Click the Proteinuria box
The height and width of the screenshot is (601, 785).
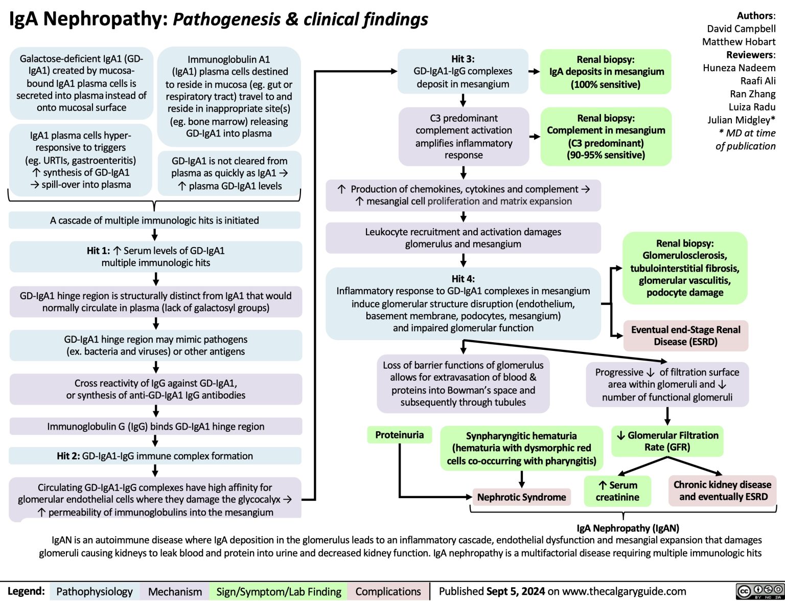399,435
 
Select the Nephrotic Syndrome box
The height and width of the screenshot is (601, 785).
521,497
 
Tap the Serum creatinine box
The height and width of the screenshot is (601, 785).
617,491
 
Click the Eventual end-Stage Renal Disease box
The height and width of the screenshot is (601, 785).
685,336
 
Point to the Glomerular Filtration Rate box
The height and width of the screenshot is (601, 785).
667,441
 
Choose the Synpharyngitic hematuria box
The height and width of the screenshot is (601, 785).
521,448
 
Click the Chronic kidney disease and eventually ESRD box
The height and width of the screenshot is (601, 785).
722,491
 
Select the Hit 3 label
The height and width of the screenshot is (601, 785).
463,59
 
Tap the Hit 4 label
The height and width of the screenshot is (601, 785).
463,279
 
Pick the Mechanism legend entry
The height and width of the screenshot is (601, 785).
175,592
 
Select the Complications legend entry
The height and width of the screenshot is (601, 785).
388,592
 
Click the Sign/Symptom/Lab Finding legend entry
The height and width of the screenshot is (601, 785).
279,592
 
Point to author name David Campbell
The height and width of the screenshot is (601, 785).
741,29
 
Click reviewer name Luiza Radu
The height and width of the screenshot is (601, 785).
752,107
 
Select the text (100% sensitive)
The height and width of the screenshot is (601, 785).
606,84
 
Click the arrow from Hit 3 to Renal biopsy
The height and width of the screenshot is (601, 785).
534,72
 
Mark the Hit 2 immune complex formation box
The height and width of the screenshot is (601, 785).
155,456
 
